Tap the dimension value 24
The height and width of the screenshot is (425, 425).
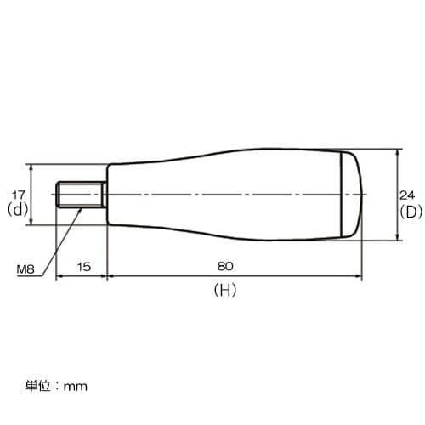click(x=408, y=194)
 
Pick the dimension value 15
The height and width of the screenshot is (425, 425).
click(x=83, y=266)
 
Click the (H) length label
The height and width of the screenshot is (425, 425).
click(x=224, y=290)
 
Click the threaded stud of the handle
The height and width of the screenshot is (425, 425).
click(x=81, y=195)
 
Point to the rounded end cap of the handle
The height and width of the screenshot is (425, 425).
click(x=352, y=195)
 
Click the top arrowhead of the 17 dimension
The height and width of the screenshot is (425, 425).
click(x=31, y=167)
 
